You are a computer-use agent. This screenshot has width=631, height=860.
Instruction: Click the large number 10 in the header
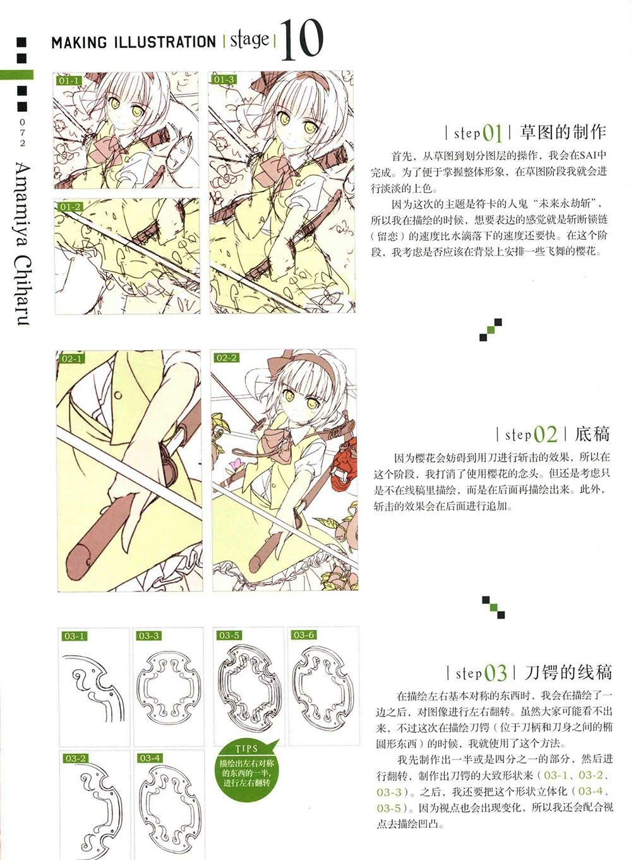pos(302,40)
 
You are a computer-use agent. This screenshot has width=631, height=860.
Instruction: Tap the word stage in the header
pos(249,41)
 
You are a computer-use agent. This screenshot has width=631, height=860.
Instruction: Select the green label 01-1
pos(69,81)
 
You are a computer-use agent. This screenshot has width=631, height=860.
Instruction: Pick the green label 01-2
pos(70,207)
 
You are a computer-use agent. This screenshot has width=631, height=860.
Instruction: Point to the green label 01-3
pos(224,80)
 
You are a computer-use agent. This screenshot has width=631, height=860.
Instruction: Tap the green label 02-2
pos(226,358)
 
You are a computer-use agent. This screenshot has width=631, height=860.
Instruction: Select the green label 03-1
pos(74,636)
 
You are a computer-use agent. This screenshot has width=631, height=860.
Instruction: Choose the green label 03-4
pos(150,758)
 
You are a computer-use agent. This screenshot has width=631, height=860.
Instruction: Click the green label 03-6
pos(304,635)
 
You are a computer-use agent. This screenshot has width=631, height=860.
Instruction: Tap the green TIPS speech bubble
pos(247,765)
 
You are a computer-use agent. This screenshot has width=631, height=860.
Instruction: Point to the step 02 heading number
pos(545,434)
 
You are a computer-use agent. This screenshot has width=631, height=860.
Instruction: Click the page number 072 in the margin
pos(23,133)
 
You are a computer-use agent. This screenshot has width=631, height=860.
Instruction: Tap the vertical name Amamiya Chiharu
pos(24,244)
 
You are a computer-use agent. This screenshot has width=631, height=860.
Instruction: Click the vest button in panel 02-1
pos(118,395)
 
